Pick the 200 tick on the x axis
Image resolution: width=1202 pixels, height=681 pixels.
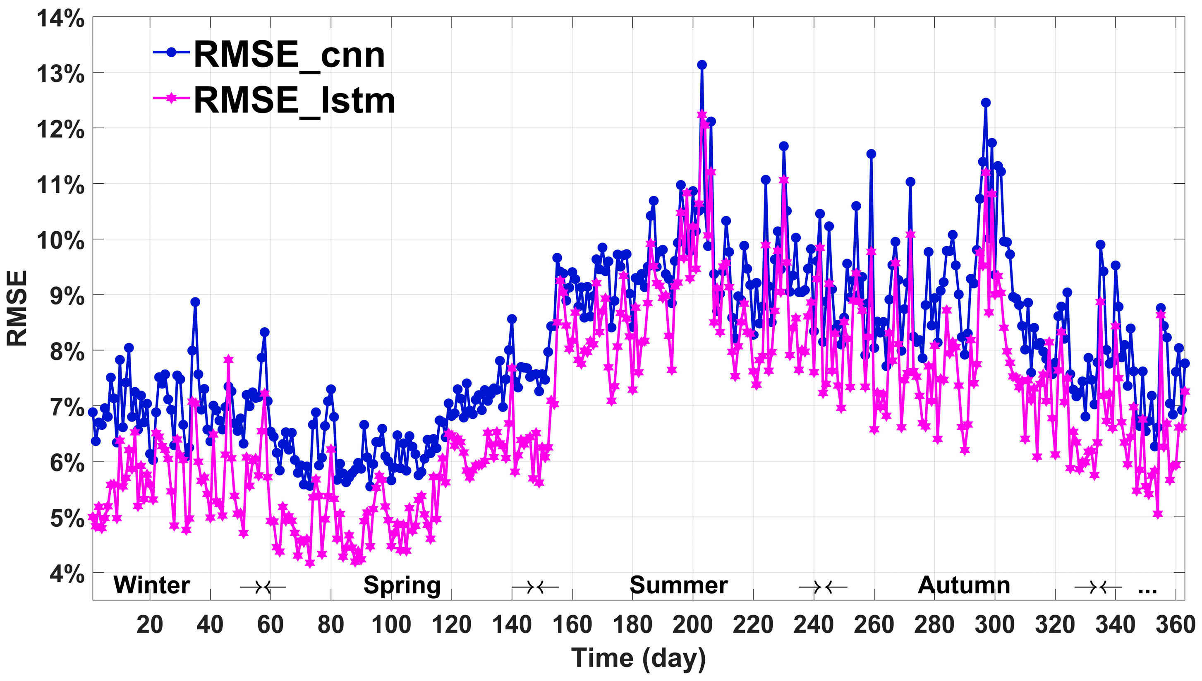692,625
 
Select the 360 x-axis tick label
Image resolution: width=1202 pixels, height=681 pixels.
1175,625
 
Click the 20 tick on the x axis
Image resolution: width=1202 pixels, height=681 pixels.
150,625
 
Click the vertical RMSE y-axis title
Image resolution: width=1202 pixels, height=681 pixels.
17,308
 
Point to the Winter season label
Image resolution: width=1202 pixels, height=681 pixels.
151,585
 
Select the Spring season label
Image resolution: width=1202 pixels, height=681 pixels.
402,585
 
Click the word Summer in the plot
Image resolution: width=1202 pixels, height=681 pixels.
678,585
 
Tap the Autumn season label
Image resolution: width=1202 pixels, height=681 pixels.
964,585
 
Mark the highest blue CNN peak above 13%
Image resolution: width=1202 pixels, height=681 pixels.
702,65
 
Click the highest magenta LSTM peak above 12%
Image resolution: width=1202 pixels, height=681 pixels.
702,115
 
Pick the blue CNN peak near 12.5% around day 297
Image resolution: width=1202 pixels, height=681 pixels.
986,103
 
